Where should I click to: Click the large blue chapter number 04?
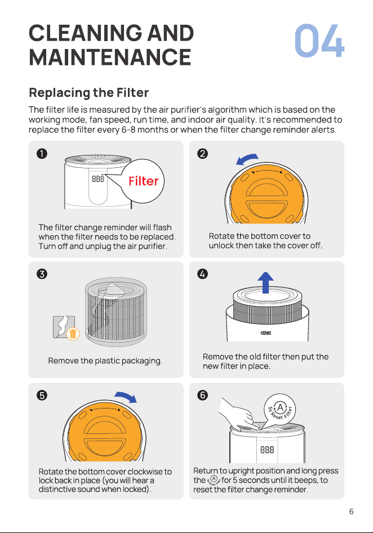pyautogui.click(x=319, y=41)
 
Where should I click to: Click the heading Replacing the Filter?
pyautogui.click(x=89, y=92)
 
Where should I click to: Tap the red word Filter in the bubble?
pyautogui.click(x=143, y=181)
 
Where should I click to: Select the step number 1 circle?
pyautogui.click(x=42, y=154)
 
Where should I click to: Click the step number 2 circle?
pyautogui.click(x=202, y=154)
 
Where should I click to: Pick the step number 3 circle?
pyautogui.click(x=42, y=274)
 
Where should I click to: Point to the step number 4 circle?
pyautogui.click(x=202, y=274)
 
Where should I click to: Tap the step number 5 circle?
pyautogui.click(x=42, y=396)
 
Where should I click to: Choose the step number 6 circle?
pyautogui.click(x=202, y=396)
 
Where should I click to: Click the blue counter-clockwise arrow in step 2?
pyautogui.click(x=247, y=158)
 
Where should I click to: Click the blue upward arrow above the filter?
pyautogui.click(x=265, y=282)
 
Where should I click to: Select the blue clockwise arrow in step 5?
pyautogui.click(x=126, y=396)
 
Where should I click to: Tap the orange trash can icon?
pyautogui.click(x=73, y=334)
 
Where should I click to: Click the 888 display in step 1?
pyautogui.click(x=98, y=179)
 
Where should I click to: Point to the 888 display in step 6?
pyautogui.click(x=267, y=450)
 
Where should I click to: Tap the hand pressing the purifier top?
pyautogui.click(x=236, y=414)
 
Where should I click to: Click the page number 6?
pyautogui.click(x=351, y=511)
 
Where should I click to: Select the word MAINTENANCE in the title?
pyautogui.click(x=110, y=57)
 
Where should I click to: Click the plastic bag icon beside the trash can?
pyautogui.click(x=64, y=327)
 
